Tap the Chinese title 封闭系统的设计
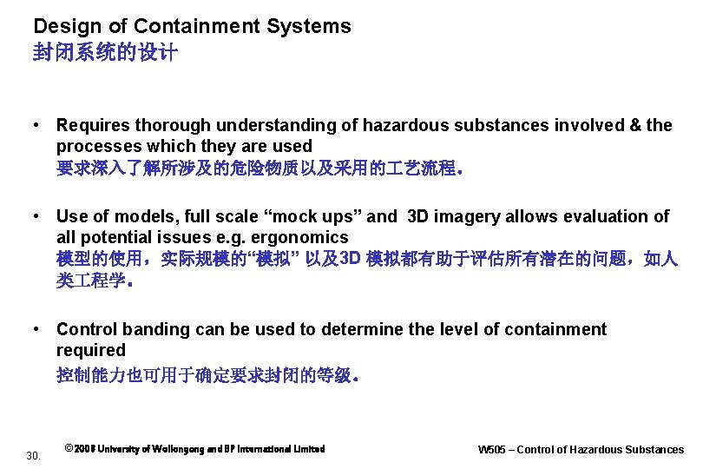pyautogui.click(x=105, y=53)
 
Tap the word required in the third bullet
pyautogui.click(x=91, y=350)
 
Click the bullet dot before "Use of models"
pyautogui.click(x=36, y=216)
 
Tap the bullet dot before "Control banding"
pyautogui.click(x=36, y=329)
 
